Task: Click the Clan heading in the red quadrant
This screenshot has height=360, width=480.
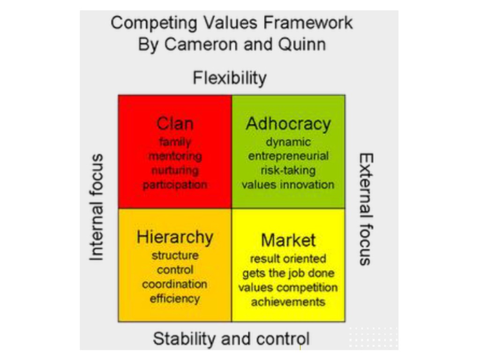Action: point(175,124)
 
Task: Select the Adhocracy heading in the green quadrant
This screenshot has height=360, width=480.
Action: point(288,124)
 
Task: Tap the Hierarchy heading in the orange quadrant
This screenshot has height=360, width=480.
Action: point(175,237)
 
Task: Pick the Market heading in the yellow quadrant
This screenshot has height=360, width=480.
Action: point(288,240)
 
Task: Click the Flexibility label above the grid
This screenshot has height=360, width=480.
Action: point(230,78)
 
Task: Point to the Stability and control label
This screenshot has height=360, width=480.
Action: point(231,338)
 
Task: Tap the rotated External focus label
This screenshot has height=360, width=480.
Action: point(366,209)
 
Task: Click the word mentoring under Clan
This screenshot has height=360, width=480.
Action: point(175,156)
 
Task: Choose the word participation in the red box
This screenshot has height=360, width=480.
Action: point(175,185)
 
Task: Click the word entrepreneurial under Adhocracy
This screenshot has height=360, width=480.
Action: point(288,156)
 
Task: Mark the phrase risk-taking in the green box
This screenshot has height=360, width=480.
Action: point(288,170)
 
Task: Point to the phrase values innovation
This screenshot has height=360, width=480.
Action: point(288,185)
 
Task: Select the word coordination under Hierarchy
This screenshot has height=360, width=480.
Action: point(175,285)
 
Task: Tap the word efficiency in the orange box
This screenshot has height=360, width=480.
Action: point(175,299)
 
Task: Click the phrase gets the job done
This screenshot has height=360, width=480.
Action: point(288,273)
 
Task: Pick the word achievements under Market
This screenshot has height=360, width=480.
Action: point(288,302)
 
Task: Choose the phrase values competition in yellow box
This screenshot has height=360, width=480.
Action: point(288,287)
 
